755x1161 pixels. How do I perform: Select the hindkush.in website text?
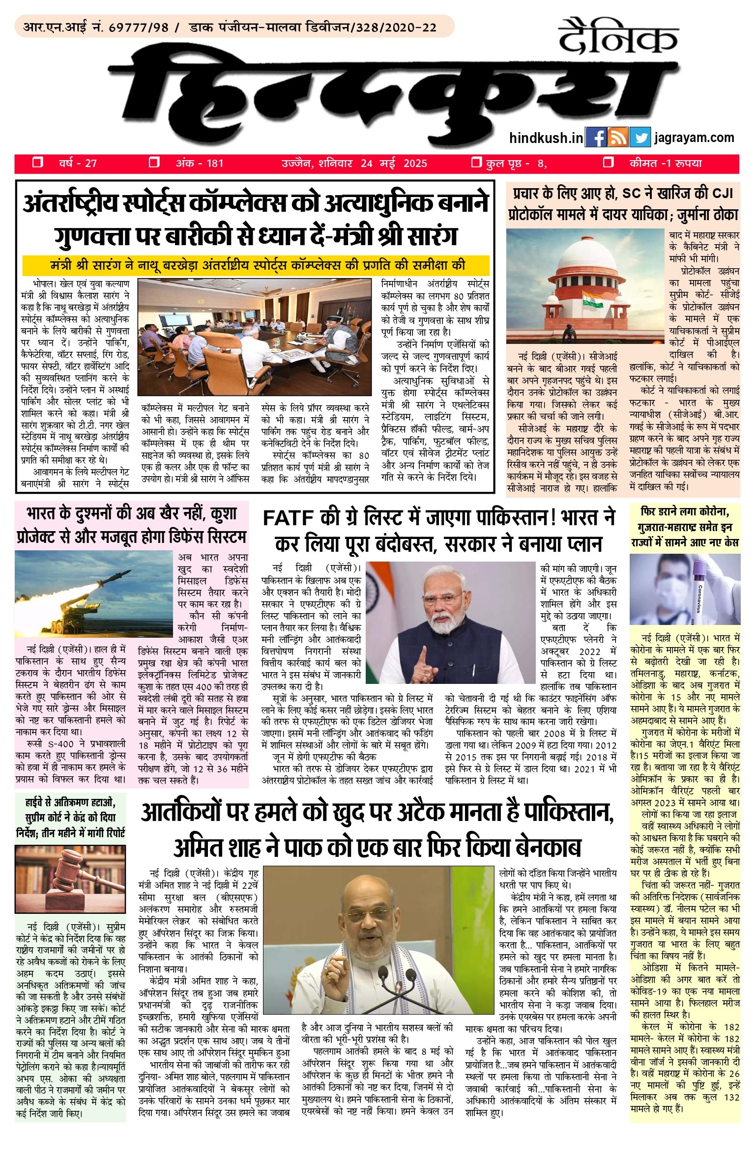click(x=546, y=139)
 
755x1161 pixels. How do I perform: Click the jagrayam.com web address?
click(x=694, y=138)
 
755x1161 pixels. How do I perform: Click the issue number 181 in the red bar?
click(x=215, y=163)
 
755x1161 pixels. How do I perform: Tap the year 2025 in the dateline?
click(x=415, y=163)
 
